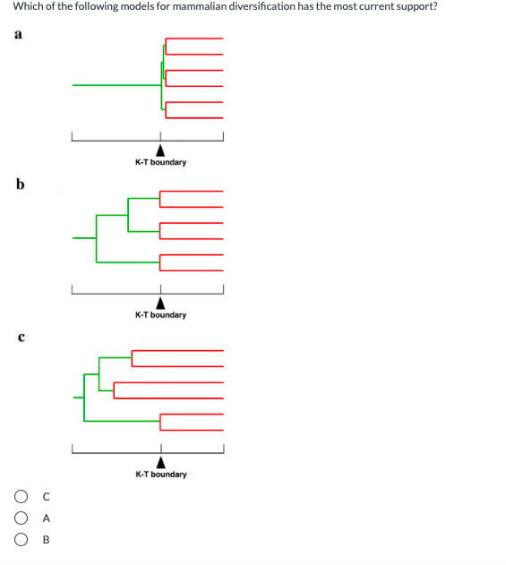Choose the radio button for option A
pyautogui.click(x=20, y=518)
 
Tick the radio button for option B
pyautogui.click(x=20, y=540)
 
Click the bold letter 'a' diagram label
pyautogui.click(x=18, y=34)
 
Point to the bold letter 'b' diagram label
pyautogui.click(x=19, y=185)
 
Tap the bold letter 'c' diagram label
pyautogui.click(x=19, y=338)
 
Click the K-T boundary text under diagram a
pyautogui.click(x=160, y=163)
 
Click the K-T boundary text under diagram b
pyautogui.click(x=160, y=315)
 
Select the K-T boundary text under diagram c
pyautogui.click(x=161, y=475)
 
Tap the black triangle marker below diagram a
pyautogui.click(x=160, y=150)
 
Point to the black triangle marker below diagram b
pyautogui.click(x=160, y=303)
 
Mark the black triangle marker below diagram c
pyautogui.click(x=161, y=462)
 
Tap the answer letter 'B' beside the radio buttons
pyautogui.click(x=46, y=540)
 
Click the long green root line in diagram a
pyautogui.click(x=116, y=85)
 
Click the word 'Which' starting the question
pyautogui.click(x=29, y=6)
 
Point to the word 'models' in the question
pyautogui.click(x=123, y=6)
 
